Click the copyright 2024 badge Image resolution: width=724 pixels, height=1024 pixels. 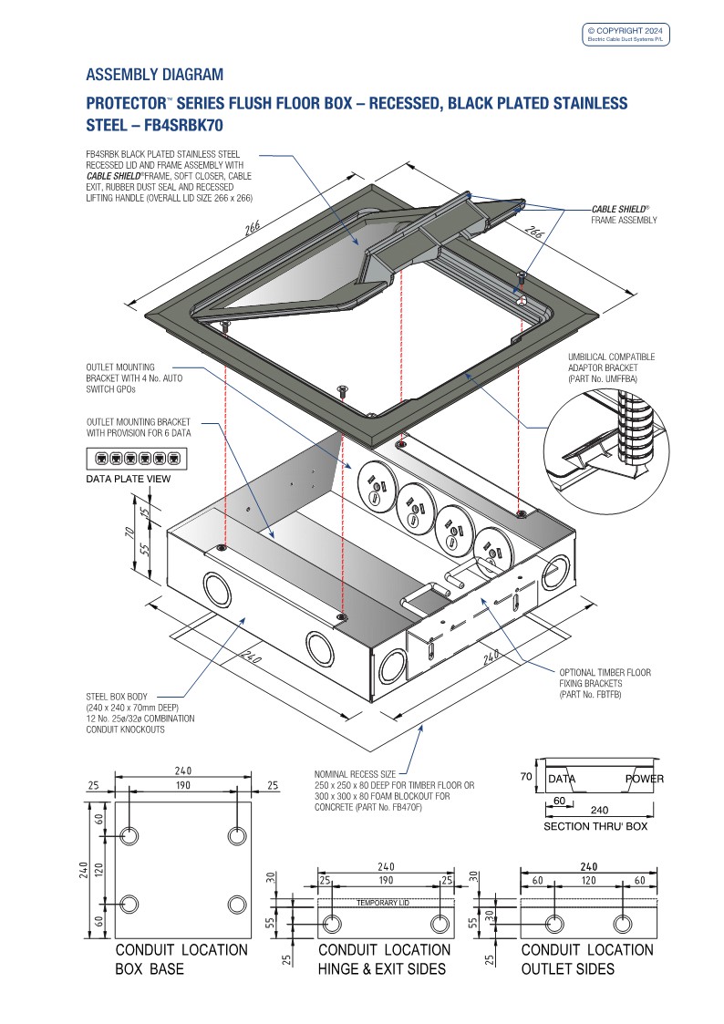click(626, 35)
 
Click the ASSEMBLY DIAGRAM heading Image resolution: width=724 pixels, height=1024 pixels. click(154, 74)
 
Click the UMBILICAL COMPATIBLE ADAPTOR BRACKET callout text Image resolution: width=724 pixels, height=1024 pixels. click(611, 367)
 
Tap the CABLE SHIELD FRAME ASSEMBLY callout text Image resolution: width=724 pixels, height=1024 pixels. click(625, 214)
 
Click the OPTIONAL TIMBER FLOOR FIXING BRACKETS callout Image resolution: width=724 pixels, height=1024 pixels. click(605, 683)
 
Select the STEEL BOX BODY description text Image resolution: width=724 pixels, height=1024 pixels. click(140, 713)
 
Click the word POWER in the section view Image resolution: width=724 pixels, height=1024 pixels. click(644, 779)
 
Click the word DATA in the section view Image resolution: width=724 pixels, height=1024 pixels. click(562, 779)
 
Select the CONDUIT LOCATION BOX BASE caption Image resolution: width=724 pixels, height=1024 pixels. click(181, 958)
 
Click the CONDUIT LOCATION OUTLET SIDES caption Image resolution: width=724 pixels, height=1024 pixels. click(587, 958)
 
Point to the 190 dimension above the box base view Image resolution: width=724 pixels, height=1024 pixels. click(182, 784)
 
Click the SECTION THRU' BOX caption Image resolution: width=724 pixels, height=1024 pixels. click(595, 826)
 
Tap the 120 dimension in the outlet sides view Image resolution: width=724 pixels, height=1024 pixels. click(587, 881)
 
